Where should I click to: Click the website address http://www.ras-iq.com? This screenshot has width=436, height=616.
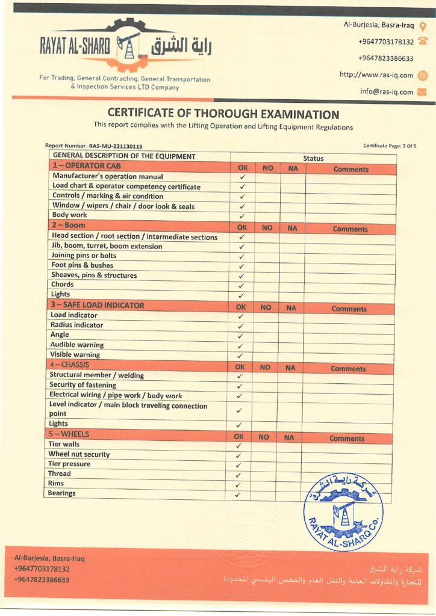376,75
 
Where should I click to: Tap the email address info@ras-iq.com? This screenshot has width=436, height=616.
387,92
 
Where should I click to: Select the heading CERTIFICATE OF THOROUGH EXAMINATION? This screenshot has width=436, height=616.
223,114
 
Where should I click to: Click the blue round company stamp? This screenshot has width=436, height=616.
343,512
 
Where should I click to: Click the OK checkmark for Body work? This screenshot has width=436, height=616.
242,216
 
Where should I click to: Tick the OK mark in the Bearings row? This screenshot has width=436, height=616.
238,495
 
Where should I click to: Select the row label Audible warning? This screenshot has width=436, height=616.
77,345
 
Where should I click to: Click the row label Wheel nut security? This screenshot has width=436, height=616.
79,454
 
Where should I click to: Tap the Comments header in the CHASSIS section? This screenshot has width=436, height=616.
348,369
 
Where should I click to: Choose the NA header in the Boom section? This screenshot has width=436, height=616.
292,228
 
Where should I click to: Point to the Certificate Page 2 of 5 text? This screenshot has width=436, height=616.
390,146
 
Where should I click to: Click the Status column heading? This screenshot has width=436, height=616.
313,159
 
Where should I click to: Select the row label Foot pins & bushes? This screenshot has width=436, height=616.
82,265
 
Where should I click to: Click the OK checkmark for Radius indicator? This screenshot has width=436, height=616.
241,326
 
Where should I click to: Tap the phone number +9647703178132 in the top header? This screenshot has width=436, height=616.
385,42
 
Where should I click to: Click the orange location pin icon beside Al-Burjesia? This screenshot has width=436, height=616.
423,26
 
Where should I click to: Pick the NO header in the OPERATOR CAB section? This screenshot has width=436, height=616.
268,169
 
